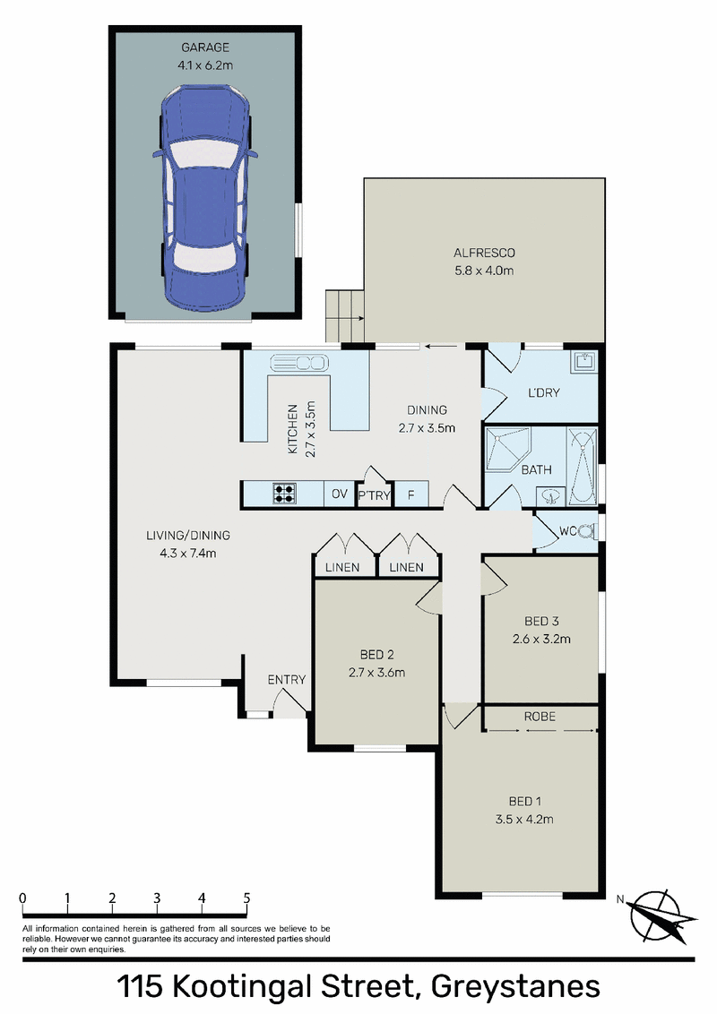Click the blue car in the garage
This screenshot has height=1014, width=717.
tap(205, 199)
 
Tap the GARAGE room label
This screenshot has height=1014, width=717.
tap(205, 47)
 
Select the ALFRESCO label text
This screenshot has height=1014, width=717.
tap(484, 253)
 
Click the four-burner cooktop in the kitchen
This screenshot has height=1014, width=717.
tap(284, 494)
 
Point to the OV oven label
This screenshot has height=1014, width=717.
tap(340, 494)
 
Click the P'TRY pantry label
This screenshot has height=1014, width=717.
tap(374, 495)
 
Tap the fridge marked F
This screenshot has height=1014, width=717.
tap(410, 495)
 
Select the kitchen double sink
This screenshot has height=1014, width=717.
tap(299, 364)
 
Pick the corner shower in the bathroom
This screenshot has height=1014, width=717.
tap(507, 448)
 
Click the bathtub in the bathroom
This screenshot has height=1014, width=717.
tap(582, 465)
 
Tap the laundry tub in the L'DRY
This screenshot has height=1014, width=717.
tap(584, 362)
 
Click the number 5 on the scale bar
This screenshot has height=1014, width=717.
tap(246, 898)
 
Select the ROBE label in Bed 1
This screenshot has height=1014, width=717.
tap(540, 717)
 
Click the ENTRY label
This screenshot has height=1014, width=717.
tap(287, 680)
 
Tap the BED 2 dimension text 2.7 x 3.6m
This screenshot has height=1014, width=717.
tap(376, 673)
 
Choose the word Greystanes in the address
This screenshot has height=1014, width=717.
tap(515, 987)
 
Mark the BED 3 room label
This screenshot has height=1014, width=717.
tap(541, 622)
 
